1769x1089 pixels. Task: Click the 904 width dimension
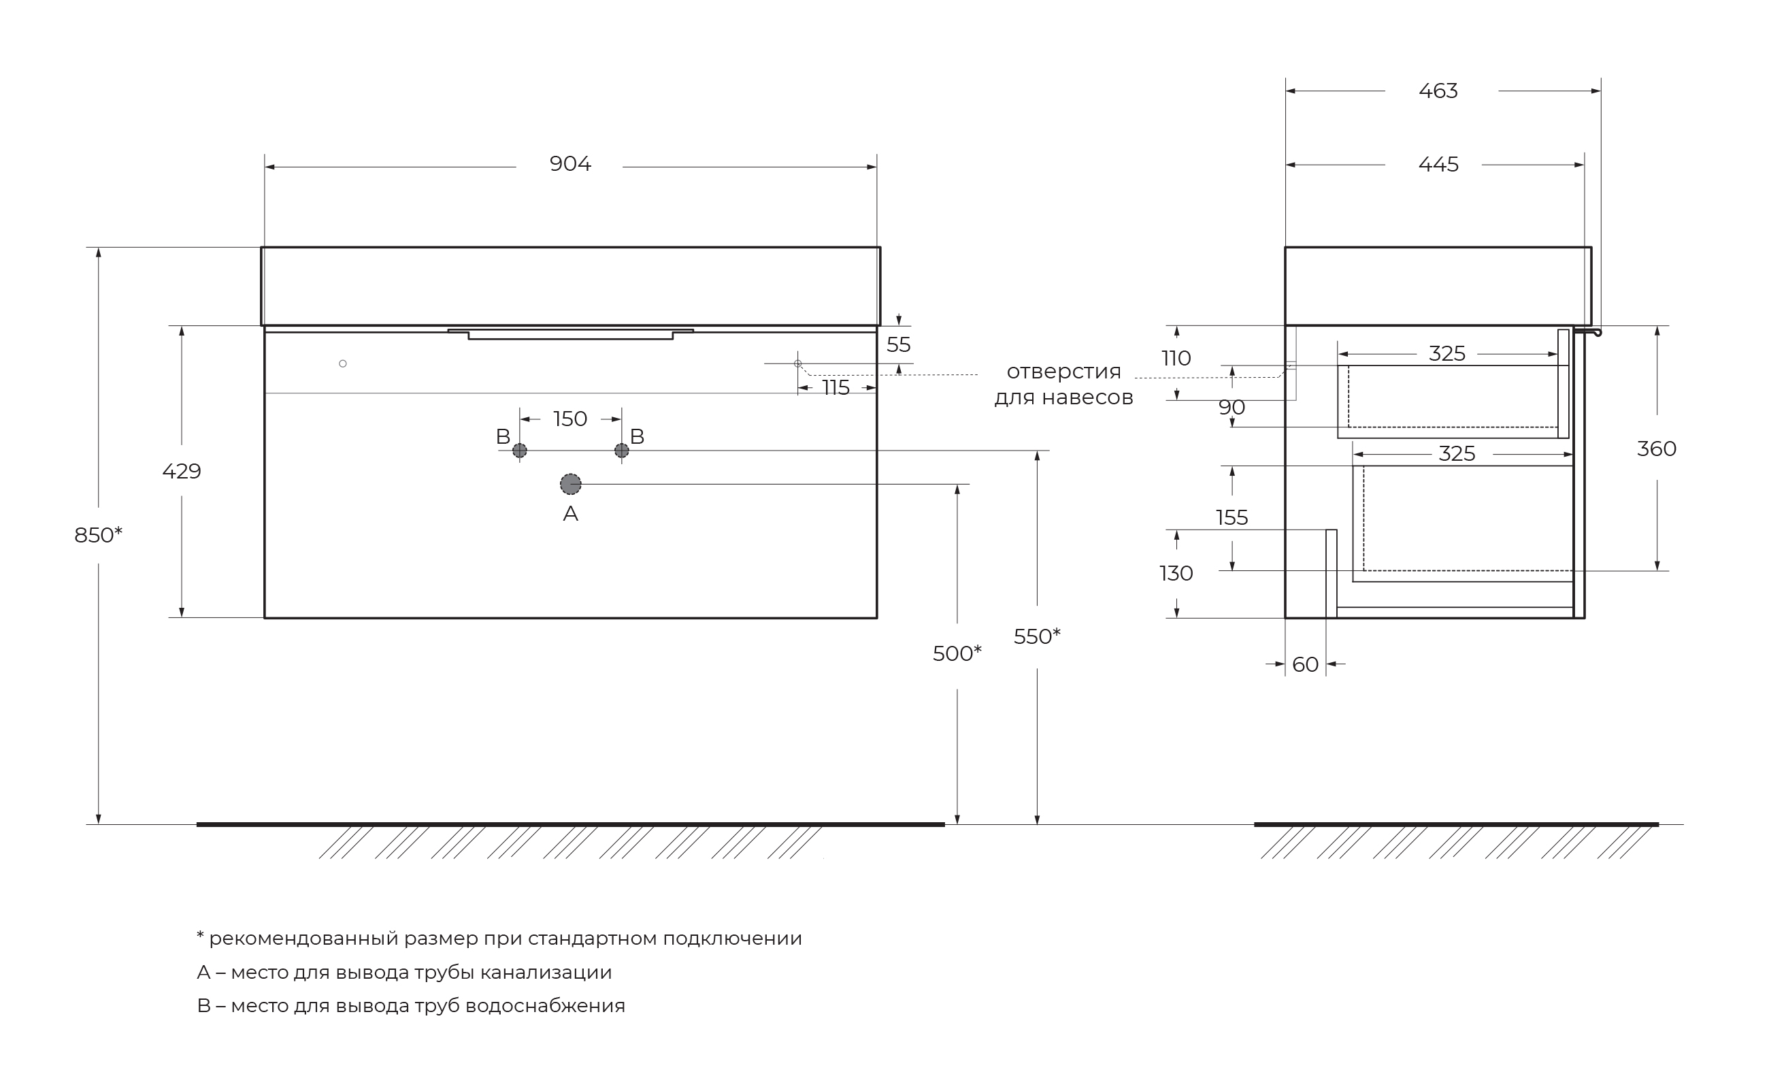[569, 164]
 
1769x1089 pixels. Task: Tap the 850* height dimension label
[98, 535]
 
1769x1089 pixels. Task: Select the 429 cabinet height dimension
[182, 471]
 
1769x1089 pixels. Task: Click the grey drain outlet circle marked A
[570, 484]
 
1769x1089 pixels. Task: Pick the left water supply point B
[519, 451]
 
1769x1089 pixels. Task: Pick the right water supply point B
[621, 451]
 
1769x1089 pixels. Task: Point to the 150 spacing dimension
[569, 419]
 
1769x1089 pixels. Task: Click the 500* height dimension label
[956, 653]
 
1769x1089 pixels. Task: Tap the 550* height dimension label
[1036, 636]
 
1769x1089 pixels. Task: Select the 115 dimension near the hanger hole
[836, 387]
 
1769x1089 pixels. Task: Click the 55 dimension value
[898, 344]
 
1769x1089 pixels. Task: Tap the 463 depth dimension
[1438, 91]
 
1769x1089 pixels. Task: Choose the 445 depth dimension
[1438, 164]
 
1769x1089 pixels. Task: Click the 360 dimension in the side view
[1656, 449]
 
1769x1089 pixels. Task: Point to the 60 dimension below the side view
[1304, 664]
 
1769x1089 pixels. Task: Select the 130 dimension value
[1176, 573]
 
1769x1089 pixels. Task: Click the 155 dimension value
[1231, 517]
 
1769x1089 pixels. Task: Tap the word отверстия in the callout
[1063, 372]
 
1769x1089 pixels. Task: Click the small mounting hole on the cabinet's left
[343, 363]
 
